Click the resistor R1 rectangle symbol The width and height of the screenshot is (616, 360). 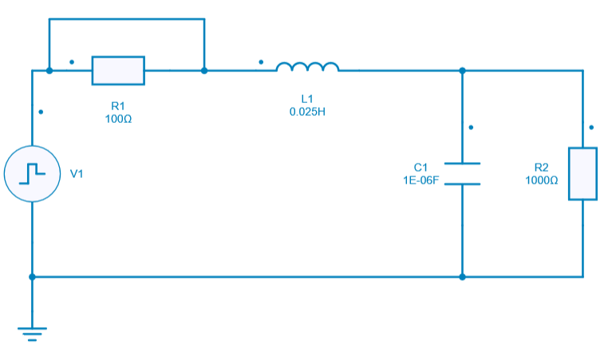[118, 70]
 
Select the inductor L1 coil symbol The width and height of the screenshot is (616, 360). [307, 68]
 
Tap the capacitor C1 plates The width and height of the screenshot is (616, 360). [462, 173]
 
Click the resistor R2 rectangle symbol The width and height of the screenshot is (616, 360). [582, 173]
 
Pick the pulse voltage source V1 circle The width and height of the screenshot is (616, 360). [32, 173]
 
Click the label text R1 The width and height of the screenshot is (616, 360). [118, 106]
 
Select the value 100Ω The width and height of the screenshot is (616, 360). [118, 118]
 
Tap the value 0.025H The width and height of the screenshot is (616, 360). [307, 110]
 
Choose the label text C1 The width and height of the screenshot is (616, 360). [421, 167]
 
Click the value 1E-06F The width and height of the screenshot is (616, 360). [421, 180]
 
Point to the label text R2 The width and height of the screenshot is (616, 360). [541, 168]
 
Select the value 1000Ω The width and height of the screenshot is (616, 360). [541, 180]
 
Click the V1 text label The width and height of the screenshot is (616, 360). [77, 173]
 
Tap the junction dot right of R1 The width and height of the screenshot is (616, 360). [204, 70]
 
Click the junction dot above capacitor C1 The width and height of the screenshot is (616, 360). [462, 70]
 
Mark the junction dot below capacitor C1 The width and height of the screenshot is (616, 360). [462, 277]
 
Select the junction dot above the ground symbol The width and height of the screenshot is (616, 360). [32, 277]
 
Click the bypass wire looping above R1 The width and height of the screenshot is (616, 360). [126, 19]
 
